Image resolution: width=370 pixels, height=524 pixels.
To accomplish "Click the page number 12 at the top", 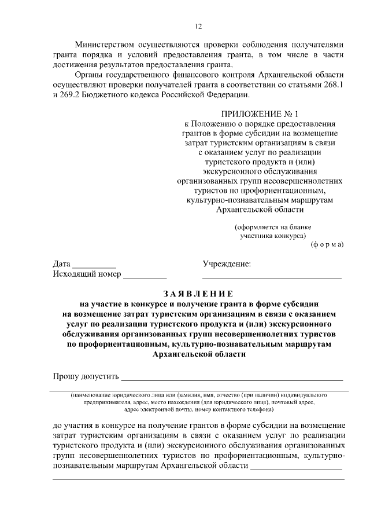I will click(x=198, y=26).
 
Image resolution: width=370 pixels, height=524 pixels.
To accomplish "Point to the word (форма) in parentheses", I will click(x=327, y=245).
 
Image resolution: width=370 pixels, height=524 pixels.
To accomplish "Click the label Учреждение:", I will click(x=227, y=265).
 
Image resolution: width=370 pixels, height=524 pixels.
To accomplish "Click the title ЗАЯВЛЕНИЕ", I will click(x=198, y=293).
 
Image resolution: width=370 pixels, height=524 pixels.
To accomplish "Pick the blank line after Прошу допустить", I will click(x=231, y=379).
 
